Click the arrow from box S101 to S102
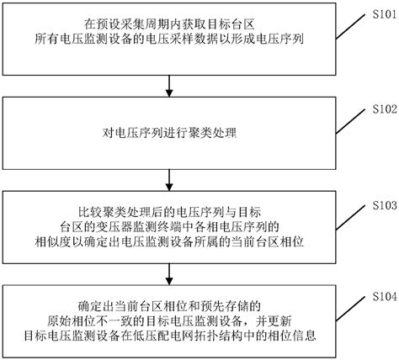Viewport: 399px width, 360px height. click(172, 83)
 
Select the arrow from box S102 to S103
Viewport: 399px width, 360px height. click(172, 177)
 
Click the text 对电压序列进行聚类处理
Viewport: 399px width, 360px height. click(172, 133)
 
